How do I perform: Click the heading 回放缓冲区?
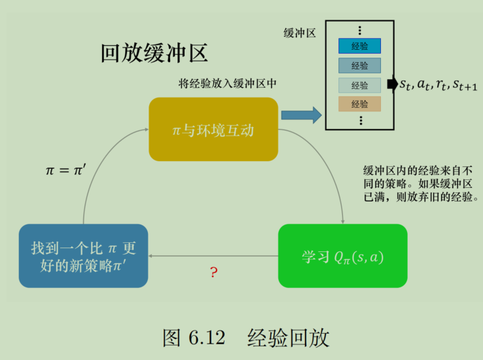pyautogui.click(x=154, y=53)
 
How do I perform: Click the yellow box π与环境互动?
pyautogui.click(x=213, y=130)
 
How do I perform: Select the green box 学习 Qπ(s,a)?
pyautogui.click(x=342, y=257)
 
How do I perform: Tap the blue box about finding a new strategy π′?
pyautogui.click(x=83, y=257)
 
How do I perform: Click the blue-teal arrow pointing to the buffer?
pyautogui.click(x=301, y=115)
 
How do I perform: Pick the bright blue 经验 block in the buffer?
pyautogui.click(x=359, y=46)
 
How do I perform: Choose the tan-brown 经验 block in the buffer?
pyautogui.click(x=359, y=103)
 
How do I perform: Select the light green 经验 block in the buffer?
pyautogui.click(x=359, y=85)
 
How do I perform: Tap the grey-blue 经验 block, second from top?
pyautogui.click(x=359, y=65)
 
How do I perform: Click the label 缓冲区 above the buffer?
pyautogui.click(x=300, y=33)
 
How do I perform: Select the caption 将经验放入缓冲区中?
pyautogui.click(x=228, y=84)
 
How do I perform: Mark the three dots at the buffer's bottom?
pyautogui.click(x=359, y=120)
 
